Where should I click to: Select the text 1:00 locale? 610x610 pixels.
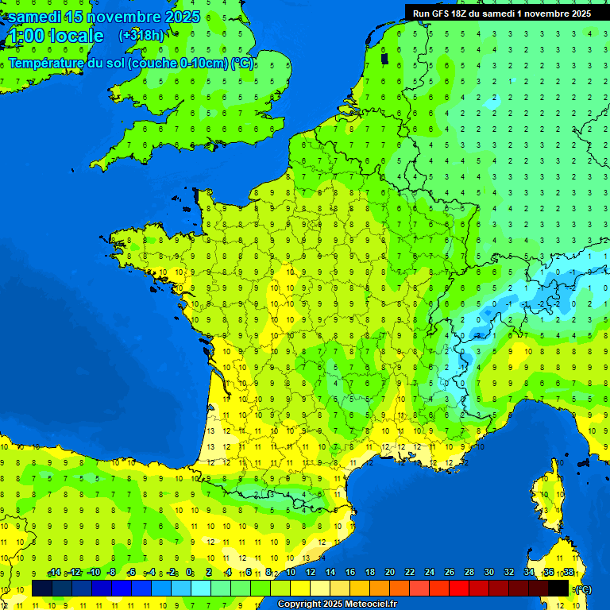[55, 36]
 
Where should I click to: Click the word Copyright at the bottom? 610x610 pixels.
[300, 604]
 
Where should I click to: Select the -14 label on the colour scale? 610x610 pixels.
[55, 573]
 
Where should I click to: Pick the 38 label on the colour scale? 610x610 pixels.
[569, 573]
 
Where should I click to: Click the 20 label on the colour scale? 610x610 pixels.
[390, 573]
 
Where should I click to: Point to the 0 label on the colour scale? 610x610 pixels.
[189, 573]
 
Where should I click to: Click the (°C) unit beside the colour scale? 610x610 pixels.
[582, 589]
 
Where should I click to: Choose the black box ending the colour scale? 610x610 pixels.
[559, 589]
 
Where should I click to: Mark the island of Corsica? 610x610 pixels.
[546, 500]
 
